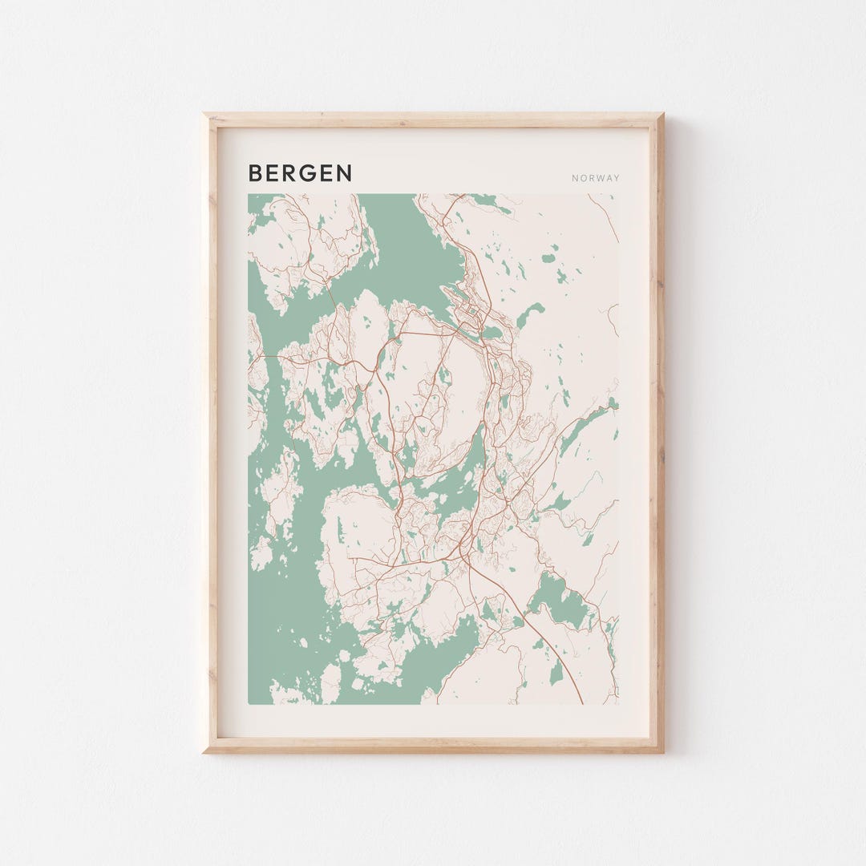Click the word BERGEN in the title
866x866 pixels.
[300, 173]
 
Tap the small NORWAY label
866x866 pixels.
[596, 178]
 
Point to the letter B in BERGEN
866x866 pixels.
[255, 173]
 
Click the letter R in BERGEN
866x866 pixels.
[290, 173]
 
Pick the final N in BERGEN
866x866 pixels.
[344, 173]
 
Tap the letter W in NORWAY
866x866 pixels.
[599, 178]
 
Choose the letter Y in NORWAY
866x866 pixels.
[617, 178]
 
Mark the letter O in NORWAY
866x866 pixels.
[583, 178]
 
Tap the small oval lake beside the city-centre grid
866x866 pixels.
[491, 331]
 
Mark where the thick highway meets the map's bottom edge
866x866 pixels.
[581, 702]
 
